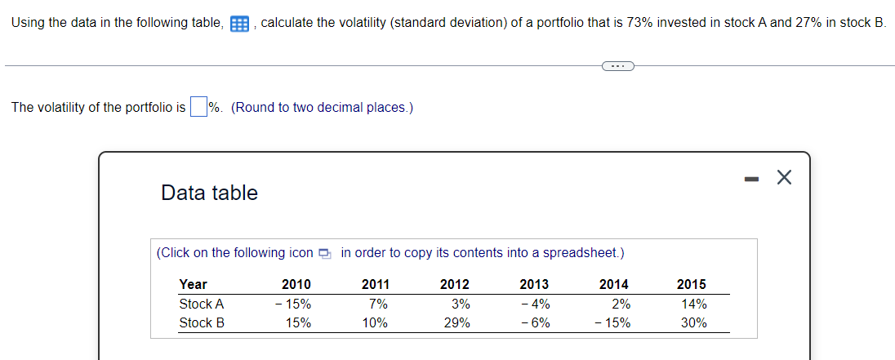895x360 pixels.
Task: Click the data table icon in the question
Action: pos(239,24)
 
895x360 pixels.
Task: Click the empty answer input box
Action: pos(198,107)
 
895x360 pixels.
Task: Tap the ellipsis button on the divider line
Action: pos(617,66)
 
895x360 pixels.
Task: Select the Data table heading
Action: pos(209,193)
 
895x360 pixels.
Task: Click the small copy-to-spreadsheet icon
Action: pos(326,253)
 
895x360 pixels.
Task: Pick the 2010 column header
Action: pos(296,284)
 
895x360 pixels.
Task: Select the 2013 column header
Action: pos(534,284)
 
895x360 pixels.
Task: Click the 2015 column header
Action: pos(692,284)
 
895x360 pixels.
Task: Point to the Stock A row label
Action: pos(202,304)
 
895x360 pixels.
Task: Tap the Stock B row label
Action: pos(202,322)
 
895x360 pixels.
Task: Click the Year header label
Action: pos(194,284)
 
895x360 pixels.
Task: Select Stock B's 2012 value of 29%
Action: pos(456,322)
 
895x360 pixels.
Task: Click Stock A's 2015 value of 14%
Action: pos(692,304)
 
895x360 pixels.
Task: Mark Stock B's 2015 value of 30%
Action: pos(692,322)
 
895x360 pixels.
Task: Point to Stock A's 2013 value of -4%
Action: pos(535,304)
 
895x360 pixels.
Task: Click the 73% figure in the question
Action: pos(639,23)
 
